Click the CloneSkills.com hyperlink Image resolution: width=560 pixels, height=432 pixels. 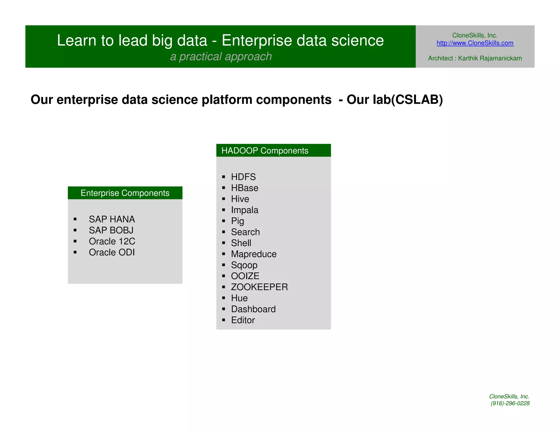(x=475, y=43)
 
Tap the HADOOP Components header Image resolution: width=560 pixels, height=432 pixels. (x=265, y=150)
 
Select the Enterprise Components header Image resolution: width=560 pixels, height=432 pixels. (x=125, y=193)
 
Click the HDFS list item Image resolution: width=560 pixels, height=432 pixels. (x=243, y=177)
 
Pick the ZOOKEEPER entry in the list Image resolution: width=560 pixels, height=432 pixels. (x=259, y=287)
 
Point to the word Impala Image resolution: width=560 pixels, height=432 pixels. (x=244, y=210)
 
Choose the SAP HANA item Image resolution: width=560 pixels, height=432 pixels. (x=112, y=219)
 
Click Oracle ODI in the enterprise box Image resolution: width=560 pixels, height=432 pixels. (x=112, y=252)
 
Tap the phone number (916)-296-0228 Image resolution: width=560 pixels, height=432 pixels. (x=510, y=403)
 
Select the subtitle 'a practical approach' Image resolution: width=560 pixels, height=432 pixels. (x=221, y=57)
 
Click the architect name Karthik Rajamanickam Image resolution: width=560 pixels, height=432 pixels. (x=490, y=58)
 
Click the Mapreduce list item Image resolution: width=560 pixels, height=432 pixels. (x=253, y=254)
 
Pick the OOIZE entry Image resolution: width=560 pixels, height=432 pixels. (x=245, y=276)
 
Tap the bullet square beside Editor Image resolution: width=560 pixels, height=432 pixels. (x=224, y=320)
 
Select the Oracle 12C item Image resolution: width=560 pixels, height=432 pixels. (x=112, y=241)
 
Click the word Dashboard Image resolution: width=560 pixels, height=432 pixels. (x=253, y=309)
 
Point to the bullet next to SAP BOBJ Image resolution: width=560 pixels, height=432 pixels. (x=75, y=230)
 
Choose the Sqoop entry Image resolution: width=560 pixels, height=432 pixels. (x=244, y=265)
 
